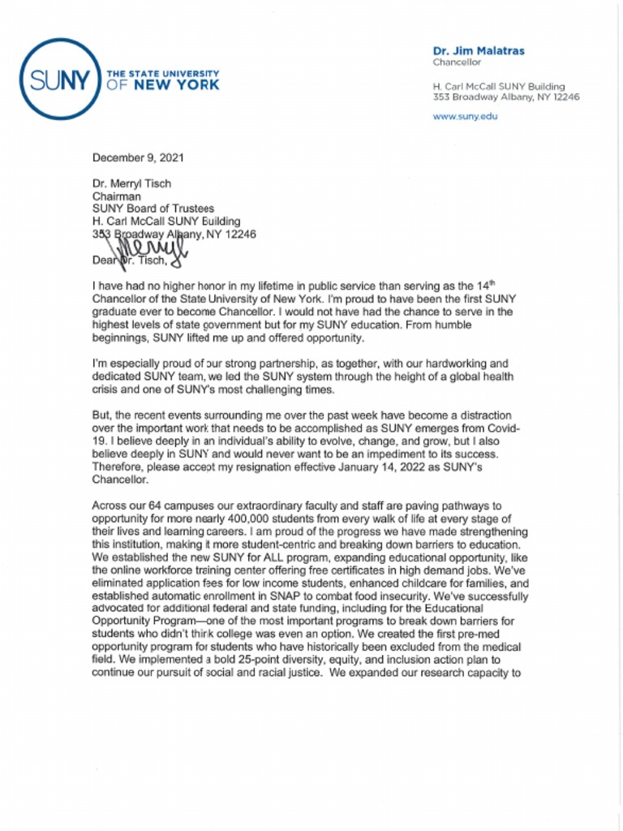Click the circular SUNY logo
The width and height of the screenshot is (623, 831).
58,79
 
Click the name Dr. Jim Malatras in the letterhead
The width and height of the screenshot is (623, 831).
479,50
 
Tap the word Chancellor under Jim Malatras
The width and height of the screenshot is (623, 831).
457,62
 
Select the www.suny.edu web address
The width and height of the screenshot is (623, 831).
466,116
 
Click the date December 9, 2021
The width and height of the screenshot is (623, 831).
137,157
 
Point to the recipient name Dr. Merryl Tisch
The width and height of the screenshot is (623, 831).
131,183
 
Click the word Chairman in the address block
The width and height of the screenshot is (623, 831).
117,196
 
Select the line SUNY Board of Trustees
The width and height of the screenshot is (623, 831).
153,209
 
